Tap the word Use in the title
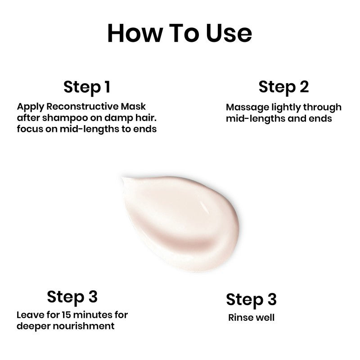click(229, 33)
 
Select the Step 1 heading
click(87, 87)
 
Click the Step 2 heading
click(283, 87)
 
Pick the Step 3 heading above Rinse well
click(251, 300)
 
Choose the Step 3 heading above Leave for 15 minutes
click(72, 297)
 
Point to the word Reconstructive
click(82, 106)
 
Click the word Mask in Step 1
click(133, 106)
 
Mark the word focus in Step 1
click(30, 129)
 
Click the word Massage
click(247, 108)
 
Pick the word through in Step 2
click(322, 108)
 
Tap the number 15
click(66, 315)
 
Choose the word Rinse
click(239, 318)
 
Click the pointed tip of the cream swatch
click(123, 178)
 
